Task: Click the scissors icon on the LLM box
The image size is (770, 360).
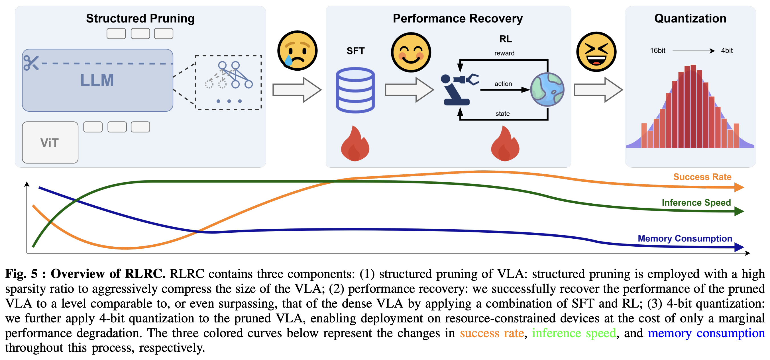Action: point(31,63)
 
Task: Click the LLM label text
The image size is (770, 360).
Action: point(97,80)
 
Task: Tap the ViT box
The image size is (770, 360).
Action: point(50,142)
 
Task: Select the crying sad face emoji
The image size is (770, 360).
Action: point(297,50)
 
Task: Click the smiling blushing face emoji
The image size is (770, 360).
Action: point(411,52)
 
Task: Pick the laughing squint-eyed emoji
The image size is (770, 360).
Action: point(596,52)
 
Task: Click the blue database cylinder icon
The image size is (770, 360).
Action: point(355,90)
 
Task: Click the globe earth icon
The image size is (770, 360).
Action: point(547,90)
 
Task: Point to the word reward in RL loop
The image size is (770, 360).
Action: point(504,53)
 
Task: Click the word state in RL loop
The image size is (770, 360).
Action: point(502,114)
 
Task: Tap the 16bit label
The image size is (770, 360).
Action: point(657,50)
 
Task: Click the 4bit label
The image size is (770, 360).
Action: point(727,50)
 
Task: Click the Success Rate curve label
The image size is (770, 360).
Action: point(702,177)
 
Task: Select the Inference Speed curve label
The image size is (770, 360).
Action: point(696,202)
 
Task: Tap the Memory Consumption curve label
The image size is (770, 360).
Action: point(685,238)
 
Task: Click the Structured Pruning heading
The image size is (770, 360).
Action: point(140,19)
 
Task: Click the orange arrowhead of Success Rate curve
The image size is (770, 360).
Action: point(739,187)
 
